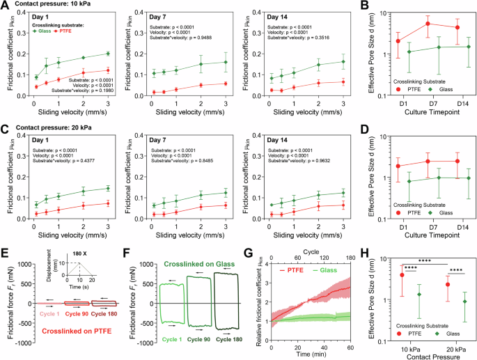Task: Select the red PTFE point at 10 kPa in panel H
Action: point(402,274)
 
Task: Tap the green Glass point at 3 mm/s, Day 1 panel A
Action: point(107,54)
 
